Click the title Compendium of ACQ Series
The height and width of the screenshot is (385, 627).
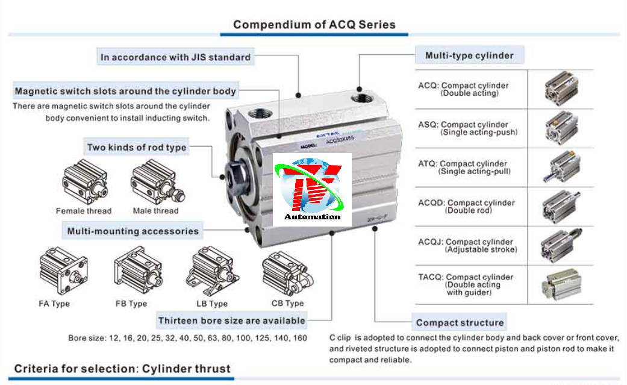[x=314, y=25]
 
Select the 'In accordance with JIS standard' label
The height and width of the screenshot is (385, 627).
[x=175, y=57]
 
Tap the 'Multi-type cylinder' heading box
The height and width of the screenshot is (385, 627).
[x=469, y=55]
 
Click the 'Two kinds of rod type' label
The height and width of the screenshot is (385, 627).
[x=137, y=147]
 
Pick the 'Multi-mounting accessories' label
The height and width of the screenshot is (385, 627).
[x=133, y=231]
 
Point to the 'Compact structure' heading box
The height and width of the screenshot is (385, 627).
[x=460, y=322]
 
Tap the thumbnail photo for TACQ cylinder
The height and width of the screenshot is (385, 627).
[x=561, y=283]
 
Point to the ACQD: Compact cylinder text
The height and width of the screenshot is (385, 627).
[x=467, y=203]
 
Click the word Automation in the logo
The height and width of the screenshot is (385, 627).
[x=312, y=217]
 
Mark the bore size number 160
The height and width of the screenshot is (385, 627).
[x=299, y=338]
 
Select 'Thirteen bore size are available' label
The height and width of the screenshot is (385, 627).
[x=232, y=320]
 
